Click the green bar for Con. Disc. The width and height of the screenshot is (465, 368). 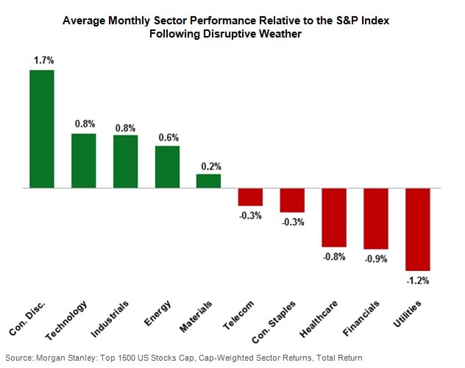click(x=42, y=129)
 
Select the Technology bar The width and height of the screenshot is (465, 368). click(x=83, y=160)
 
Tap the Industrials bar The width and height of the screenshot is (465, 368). click(x=125, y=162)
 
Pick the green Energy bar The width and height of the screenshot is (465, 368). click(x=167, y=167)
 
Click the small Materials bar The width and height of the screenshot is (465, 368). click(x=208, y=181)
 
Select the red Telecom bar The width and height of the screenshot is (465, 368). click(x=250, y=197)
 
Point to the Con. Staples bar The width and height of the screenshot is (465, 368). click(x=292, y=200)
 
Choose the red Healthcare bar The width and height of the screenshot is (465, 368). click(x=333, y=217)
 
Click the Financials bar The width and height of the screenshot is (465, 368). click(x=375, y=219)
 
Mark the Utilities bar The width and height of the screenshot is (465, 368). click(x=417, y=230)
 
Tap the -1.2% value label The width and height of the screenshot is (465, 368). click(x=417, y=280)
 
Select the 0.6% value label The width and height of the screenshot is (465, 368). click(x=167, y=138)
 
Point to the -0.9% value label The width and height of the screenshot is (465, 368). click(x=375, y=258)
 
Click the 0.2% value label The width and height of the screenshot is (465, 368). click(x=208, y=166)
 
